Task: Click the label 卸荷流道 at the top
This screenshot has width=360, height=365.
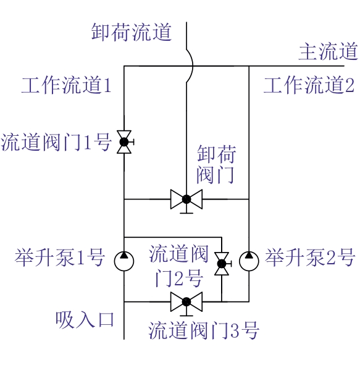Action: click(132, 32)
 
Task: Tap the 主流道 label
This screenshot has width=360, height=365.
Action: click(328, 51)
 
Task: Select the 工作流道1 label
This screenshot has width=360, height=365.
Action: click(66, 85)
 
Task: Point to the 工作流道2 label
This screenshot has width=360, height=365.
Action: click(309, 85)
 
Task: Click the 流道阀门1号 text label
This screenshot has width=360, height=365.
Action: click(56, 142)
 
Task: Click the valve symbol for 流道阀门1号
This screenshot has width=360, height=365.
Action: click(125, 142)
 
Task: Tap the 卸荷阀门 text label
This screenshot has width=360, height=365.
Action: click(216, 164)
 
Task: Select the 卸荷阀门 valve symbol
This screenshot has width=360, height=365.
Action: click(186, 201)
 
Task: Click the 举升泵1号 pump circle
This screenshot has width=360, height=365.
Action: click(124, 261)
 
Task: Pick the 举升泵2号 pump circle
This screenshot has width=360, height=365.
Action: click(249, 261)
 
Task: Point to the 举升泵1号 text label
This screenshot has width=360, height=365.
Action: click(60, 258)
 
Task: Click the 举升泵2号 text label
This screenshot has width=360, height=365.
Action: click(310, 258)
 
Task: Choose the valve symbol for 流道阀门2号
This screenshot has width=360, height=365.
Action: click(222, 264)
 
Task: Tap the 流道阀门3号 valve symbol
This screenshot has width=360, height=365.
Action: click(186, 303)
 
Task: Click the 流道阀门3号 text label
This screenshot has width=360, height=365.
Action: click(204, 330)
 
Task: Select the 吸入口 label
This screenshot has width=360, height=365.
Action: click(85, 320)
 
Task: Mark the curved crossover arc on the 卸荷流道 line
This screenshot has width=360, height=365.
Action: click(192, 66)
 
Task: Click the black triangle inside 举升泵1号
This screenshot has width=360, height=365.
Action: click(124, 255)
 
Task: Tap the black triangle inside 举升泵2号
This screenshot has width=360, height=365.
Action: click(249, 255)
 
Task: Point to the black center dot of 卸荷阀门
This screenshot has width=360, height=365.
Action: click(186, 199)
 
